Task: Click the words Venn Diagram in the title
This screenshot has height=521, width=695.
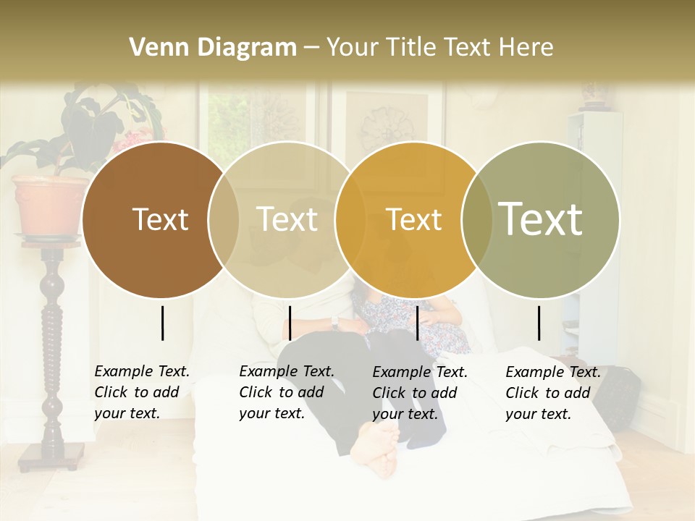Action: point(212,48)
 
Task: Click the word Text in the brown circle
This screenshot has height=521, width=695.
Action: point(160,219)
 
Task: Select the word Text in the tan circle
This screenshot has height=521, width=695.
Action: point(287,219)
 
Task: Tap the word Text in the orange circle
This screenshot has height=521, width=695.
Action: point(414,219)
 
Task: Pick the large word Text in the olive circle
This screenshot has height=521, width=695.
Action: point(541,219)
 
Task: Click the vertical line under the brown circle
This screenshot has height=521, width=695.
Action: point(163,323)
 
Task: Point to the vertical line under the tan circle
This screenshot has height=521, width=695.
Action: point(290,323)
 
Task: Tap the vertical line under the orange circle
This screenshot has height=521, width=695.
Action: point(417,323)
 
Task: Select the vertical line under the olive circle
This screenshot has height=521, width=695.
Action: point(539,323)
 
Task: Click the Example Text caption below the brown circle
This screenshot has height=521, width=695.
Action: point(141,392)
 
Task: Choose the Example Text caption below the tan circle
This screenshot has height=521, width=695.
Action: point(286,392)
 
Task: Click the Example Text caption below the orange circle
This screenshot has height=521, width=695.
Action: point(419,393)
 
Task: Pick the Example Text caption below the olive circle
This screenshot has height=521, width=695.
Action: point(552,393)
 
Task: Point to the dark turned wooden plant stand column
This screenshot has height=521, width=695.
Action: point(53,347)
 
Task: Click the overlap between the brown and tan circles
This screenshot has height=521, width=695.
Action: point(224,219)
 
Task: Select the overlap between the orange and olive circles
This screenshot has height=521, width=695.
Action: point(477,219)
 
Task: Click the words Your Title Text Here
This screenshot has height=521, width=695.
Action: point(439,48)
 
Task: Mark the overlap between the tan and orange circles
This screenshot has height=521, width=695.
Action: point(350,219)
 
